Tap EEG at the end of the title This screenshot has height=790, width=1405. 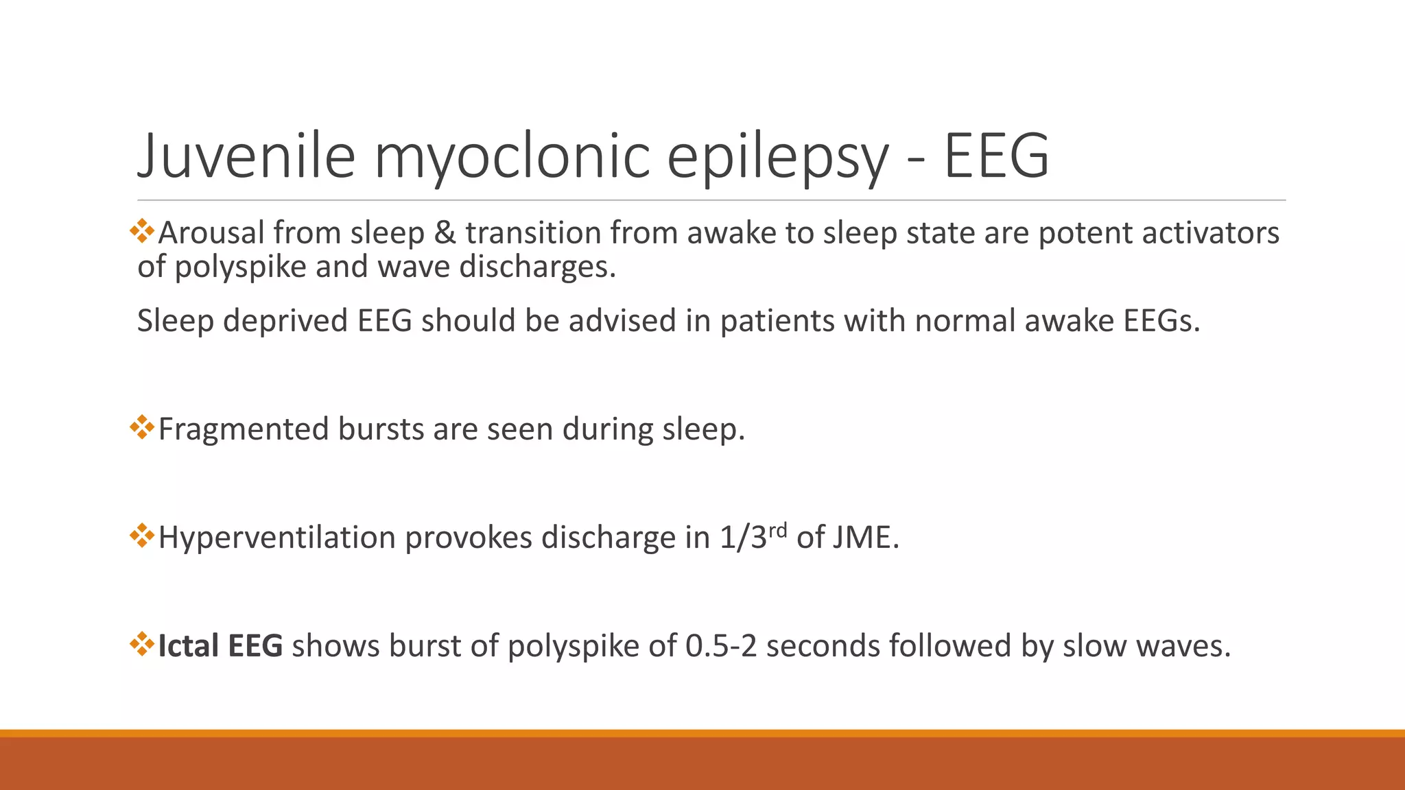(x=996, y=156)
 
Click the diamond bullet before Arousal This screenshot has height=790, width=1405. (x=142, y=230)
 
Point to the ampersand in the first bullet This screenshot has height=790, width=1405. (x=445, y=232)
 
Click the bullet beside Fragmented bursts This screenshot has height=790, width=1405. (x=142, y=427)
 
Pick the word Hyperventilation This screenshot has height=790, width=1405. (x=276, y=537)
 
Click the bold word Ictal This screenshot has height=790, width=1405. (x=188, y=646)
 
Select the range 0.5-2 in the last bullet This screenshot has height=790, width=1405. (x=721, y=646)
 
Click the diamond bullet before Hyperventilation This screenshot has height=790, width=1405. (x=142, y=535)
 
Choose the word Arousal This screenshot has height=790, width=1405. (x=211, y=232)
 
